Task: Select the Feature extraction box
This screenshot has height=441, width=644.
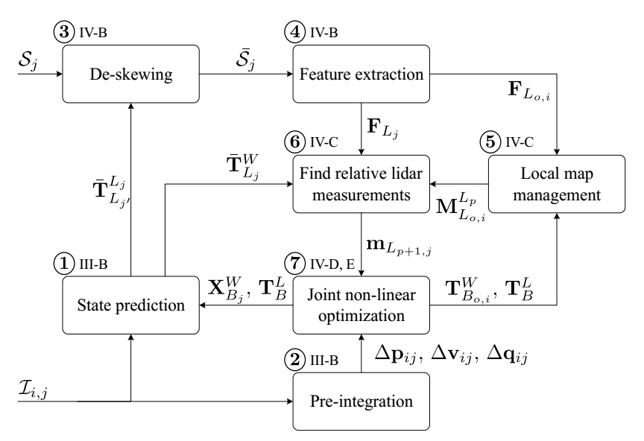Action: point(360,74)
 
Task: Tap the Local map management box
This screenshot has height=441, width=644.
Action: point(558,186)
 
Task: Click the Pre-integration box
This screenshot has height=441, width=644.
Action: point(360,402)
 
